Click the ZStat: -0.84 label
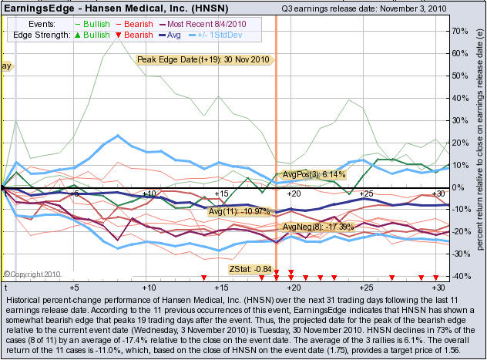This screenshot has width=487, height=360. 250,269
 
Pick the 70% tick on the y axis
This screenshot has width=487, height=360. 461,32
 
